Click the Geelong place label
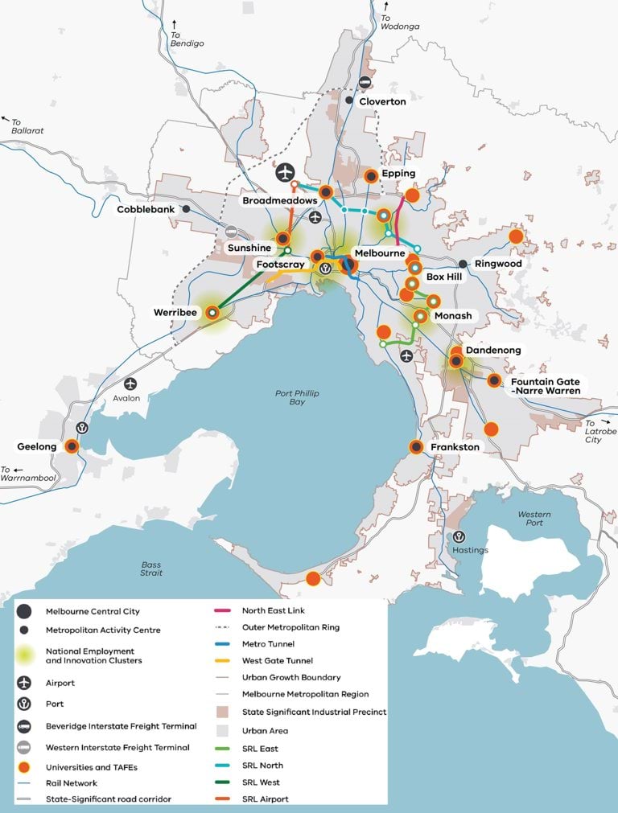(x=37, y=446)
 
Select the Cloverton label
(x=382, y=101)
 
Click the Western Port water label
(x=534, y=518)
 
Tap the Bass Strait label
(x=150, y=569)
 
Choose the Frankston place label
(x=455, y=447)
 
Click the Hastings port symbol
(x=459, y=536)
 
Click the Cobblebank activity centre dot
(x=186, y=209)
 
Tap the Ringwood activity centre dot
(x=463, y=264)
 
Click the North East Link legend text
(x=274, y=611)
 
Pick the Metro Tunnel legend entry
(x=268, y=644)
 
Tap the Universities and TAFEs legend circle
(x=25, y=767)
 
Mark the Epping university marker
(x=371, y=176)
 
